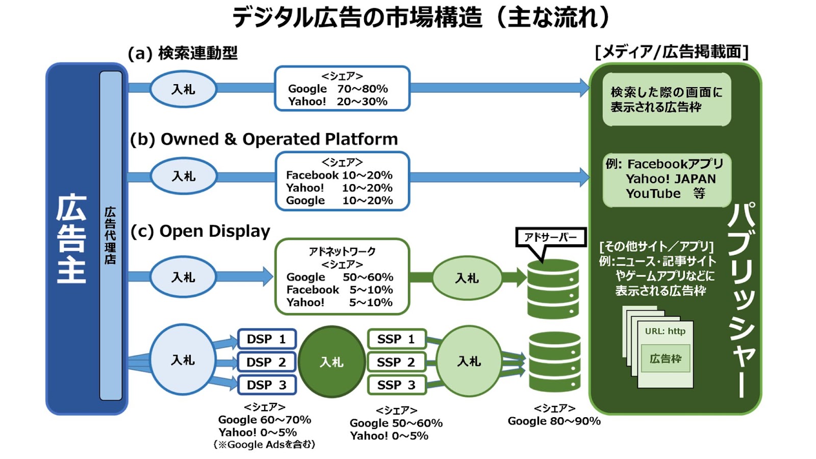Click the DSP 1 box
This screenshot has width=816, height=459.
tap(267, 339)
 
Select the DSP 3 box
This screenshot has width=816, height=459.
tap(267, 385)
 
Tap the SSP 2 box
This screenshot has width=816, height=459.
tap(396, 362)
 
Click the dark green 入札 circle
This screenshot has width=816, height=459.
tap(331, 362)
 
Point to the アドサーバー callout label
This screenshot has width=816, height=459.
tap(550, 238)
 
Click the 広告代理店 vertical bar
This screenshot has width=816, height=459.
tap(111, 236)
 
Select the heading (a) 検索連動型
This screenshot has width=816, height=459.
tap(183, 53)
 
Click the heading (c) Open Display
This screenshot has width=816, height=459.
tap(200, 231)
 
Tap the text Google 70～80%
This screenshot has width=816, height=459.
tap(338, 89)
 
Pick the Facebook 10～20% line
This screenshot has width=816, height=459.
tap(339, 175)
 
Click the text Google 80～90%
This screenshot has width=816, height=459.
tap(554, 421)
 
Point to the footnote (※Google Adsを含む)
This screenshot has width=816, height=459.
tap(265, 444)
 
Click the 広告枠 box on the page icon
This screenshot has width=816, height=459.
tap(666, 359)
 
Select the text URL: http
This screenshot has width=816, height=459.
tap(665, 331)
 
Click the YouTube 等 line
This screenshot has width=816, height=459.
tap(666, 193)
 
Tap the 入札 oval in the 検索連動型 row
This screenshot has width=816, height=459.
tap(183, 89)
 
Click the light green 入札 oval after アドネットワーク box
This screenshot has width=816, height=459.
tap(467, 278)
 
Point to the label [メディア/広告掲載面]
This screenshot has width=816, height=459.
tap(672, 52)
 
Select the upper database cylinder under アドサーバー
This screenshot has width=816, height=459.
tap(553, 289)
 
